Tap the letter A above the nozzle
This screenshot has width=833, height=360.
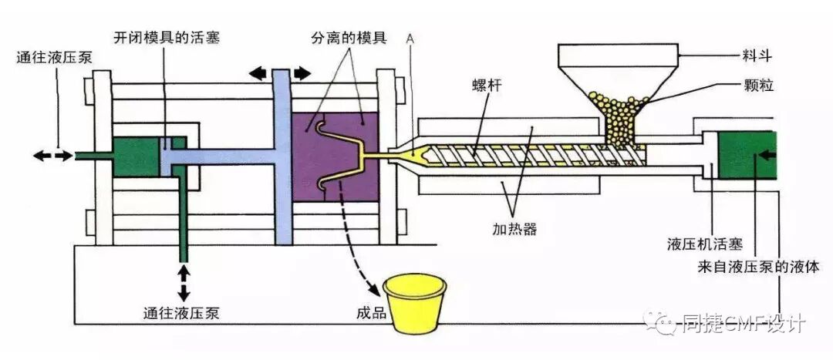pyautogui.click(x=410, y=38)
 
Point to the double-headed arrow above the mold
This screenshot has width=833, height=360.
pyautogui.click(x=280, y=73)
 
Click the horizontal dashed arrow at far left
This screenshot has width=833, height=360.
pyautogui.click(x=53, y=156)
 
